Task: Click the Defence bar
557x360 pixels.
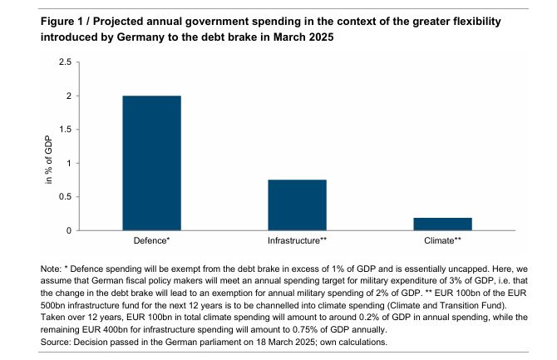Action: click(151, 163)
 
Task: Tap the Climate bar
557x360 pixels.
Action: click(442, 224)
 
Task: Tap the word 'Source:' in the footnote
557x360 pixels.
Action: click(56, 342)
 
